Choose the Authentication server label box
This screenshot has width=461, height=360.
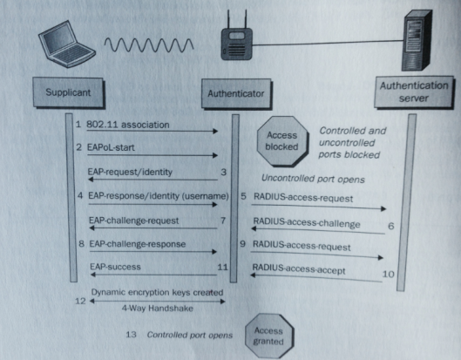[x=415, y=92]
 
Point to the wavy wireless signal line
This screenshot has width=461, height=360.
[x=146, y=44]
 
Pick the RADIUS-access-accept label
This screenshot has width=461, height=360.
[x=298, y=271]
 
